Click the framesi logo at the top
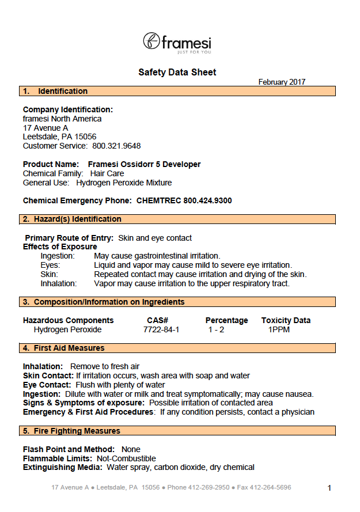(x=177, y=43)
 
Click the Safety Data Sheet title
(x=177, y=72)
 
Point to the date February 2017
(x=282, y=82)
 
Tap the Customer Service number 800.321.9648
(x=116, y=146)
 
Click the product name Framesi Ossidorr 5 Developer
(x=144, y=164)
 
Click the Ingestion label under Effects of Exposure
(x=58, y=256)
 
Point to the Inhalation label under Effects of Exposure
(x=59, y=283)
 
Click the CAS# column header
(x=157, y=320)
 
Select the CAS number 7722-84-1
(x=161, y=329)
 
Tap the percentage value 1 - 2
(x=217, y=329)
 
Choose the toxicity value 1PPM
(x=279, y=329)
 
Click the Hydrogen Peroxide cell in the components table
(x=67, y=329)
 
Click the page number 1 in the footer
(x=329, y=488)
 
